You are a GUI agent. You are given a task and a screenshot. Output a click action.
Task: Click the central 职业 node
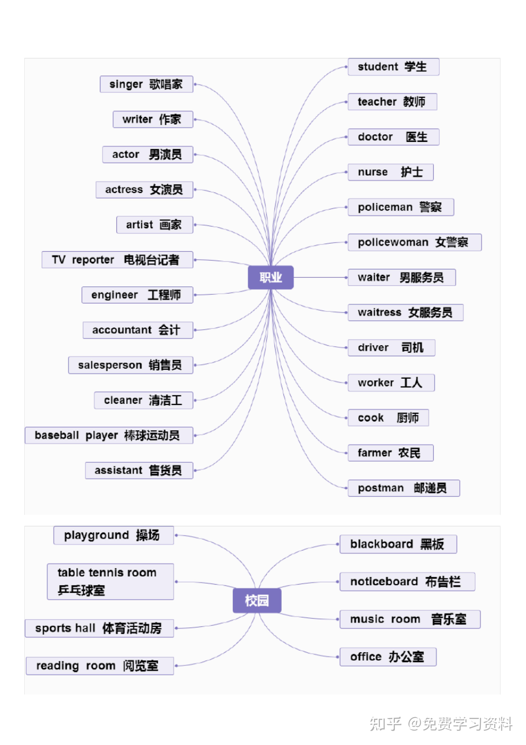tap(270, 277)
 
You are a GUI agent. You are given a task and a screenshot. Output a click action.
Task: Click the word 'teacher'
tap(377, 102)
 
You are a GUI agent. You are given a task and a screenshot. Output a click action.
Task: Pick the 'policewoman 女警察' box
tap(414, 242)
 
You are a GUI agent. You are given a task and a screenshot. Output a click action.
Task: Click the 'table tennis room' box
tap(110, 581)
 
